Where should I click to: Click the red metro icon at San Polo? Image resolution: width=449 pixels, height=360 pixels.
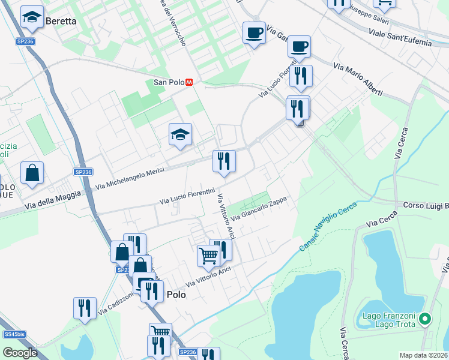[189, 82]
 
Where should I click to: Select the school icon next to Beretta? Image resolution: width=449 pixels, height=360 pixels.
[32, 18]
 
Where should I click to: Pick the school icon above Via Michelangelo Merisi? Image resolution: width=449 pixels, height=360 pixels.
[180, 135]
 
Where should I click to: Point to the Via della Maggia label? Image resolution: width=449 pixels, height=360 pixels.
[52, 200]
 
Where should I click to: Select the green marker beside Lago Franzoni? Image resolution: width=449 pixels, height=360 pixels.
[426, 319]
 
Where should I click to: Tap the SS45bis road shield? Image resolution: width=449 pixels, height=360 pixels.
[14, 334]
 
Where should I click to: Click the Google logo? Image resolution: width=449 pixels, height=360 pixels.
[20, 353]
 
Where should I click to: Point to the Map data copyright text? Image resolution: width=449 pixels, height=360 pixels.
[424, 355]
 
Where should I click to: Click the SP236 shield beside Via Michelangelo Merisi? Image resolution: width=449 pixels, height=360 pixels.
[83, 172]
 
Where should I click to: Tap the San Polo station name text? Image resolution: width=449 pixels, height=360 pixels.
[168, 82]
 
